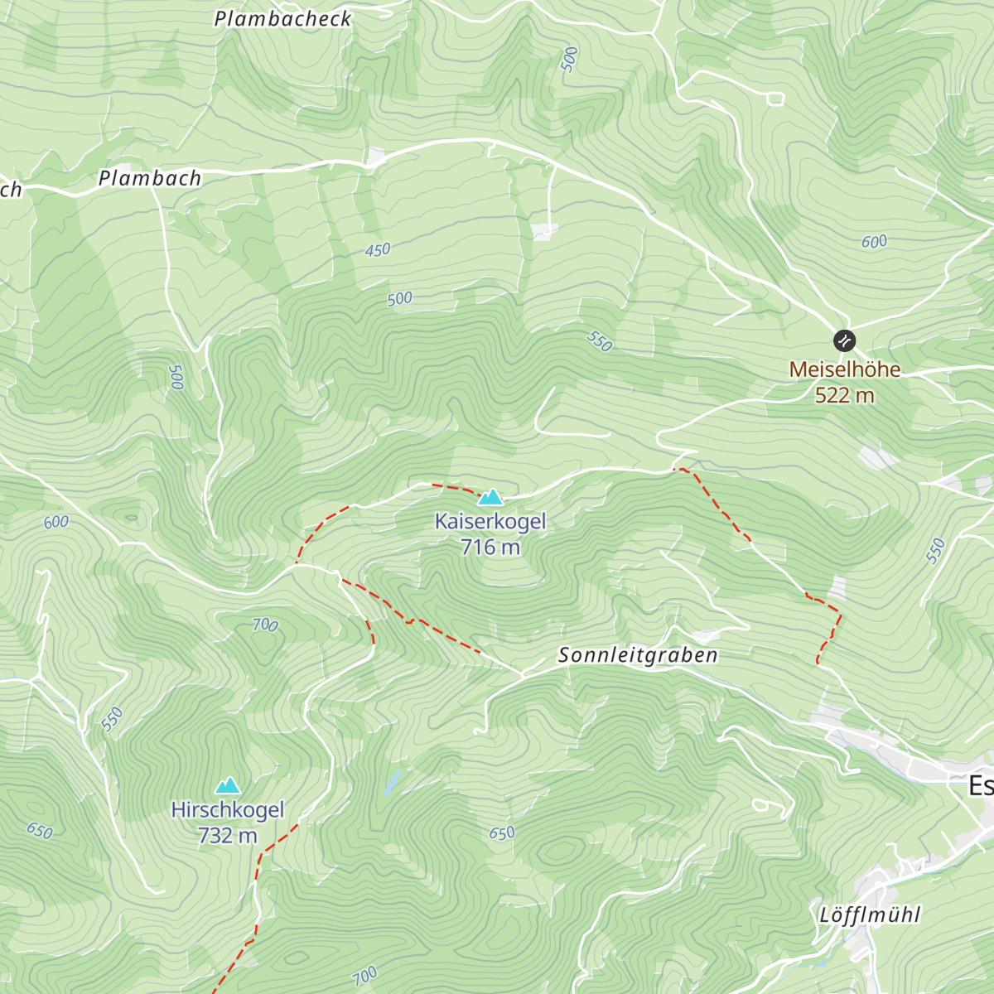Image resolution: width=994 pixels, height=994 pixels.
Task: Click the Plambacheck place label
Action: point(282,19)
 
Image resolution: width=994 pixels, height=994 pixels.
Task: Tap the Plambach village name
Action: point(150,178)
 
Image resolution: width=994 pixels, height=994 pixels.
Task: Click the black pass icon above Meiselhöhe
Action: point(844,340)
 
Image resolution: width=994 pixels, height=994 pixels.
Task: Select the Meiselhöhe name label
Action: point(844,369)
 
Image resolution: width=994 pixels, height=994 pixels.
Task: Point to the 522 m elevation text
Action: point(844,395)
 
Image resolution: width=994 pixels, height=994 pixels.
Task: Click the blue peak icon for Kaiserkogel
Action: point(490,497)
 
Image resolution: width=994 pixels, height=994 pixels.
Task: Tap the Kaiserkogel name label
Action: point(490,522)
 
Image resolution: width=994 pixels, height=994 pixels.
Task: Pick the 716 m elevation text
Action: point(490,547)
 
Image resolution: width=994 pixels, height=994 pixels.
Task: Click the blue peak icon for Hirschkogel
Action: point(228,785)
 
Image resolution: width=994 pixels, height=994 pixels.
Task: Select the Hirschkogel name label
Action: point(228,810)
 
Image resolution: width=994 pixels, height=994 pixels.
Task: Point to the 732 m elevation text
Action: point(228,836)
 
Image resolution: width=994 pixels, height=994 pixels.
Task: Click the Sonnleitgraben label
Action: point(638,655)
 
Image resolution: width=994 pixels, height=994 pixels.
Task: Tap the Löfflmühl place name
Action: point(870,915)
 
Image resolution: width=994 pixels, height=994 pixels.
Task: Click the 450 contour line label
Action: point(378,249)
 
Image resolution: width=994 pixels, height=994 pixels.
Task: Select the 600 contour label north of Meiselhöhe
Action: point(874,242)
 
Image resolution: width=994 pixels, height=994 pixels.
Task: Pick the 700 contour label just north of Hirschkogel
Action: point(265,625)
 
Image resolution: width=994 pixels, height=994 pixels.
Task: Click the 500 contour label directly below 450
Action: point(400,299)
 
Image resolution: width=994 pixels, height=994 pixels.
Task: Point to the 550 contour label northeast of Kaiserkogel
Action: point(599,341)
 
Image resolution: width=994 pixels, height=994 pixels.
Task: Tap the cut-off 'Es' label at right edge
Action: point(981,785)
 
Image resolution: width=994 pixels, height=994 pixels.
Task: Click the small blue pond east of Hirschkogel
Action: point(392,782)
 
